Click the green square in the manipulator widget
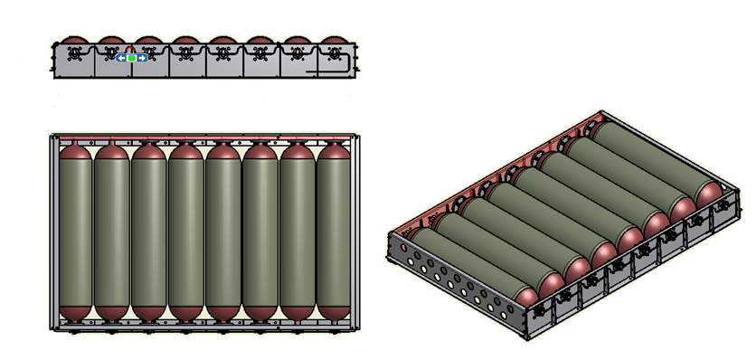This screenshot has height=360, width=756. point(132,58)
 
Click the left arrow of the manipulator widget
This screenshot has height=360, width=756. point(121,58)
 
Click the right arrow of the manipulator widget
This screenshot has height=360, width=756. point(142,58)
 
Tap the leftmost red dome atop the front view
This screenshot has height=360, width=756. point(74,41)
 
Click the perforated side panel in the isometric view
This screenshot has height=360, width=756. point(452,280)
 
